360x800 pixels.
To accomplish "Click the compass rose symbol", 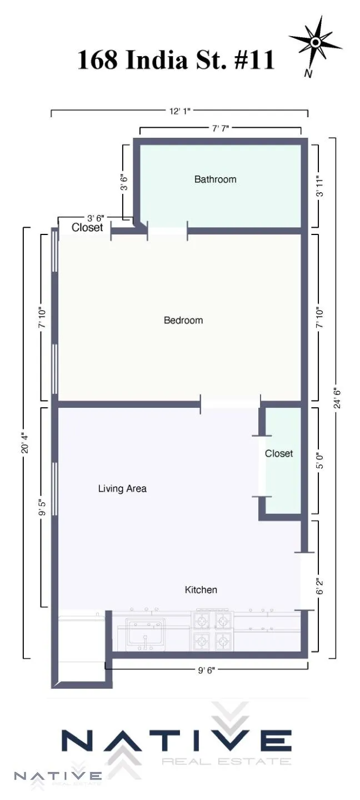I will point(315,42).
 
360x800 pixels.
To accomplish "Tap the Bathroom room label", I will point(215,179).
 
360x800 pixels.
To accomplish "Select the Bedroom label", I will point(183,321).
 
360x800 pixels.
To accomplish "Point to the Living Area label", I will point(122,489).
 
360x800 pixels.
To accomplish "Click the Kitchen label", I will point(201,590).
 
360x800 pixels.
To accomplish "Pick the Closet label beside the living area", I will point(279,454).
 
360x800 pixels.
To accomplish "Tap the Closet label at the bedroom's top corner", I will point(87,228).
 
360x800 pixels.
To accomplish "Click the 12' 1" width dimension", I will point(180,112).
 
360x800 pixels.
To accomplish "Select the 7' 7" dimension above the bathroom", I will point(221,128).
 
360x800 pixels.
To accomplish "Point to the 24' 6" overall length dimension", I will point(335,398).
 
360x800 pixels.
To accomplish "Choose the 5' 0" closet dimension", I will point(319,461).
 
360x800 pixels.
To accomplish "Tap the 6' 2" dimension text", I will point(319,586).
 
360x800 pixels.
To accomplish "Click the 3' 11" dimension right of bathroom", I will point(319,186).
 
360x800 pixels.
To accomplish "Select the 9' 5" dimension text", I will point(42,508).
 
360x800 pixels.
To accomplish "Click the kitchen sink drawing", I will point(144,633).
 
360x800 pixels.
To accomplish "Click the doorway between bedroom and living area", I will point(230,402).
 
